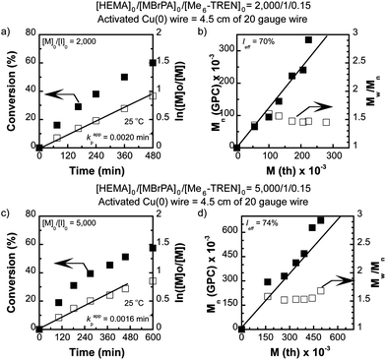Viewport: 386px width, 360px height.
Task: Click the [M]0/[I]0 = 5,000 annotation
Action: (x=65, y=221)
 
